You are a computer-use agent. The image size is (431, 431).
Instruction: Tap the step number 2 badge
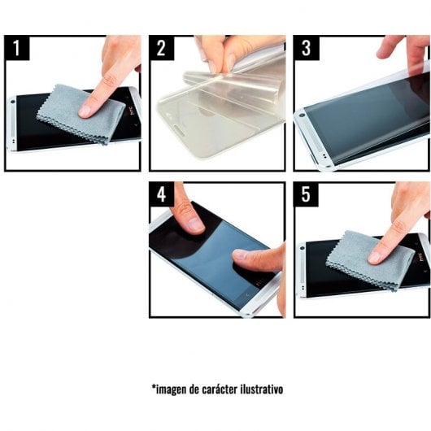pyautogui.click(x=161, y=48)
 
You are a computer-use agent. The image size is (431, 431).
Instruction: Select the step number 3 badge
pyautogui.click(x=306, y=48)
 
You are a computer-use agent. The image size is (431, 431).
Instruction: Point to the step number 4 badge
pyautogui.click(x=161, y=194)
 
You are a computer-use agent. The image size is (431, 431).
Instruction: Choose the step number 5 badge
pyautogui.click(x=306, y=194)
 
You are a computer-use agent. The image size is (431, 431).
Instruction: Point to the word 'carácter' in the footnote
pyautogui.click(x=215, y=389)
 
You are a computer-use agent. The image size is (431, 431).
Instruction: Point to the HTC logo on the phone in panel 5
pyautogui.click(x=420, y=259)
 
